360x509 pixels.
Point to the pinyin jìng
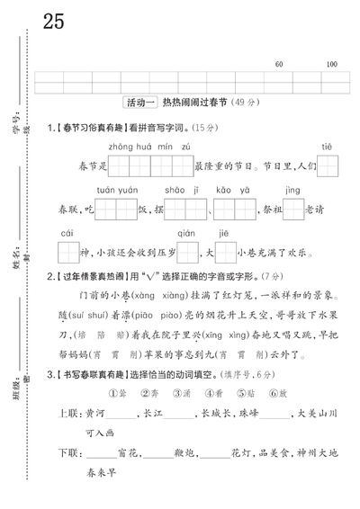pos(292,190)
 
